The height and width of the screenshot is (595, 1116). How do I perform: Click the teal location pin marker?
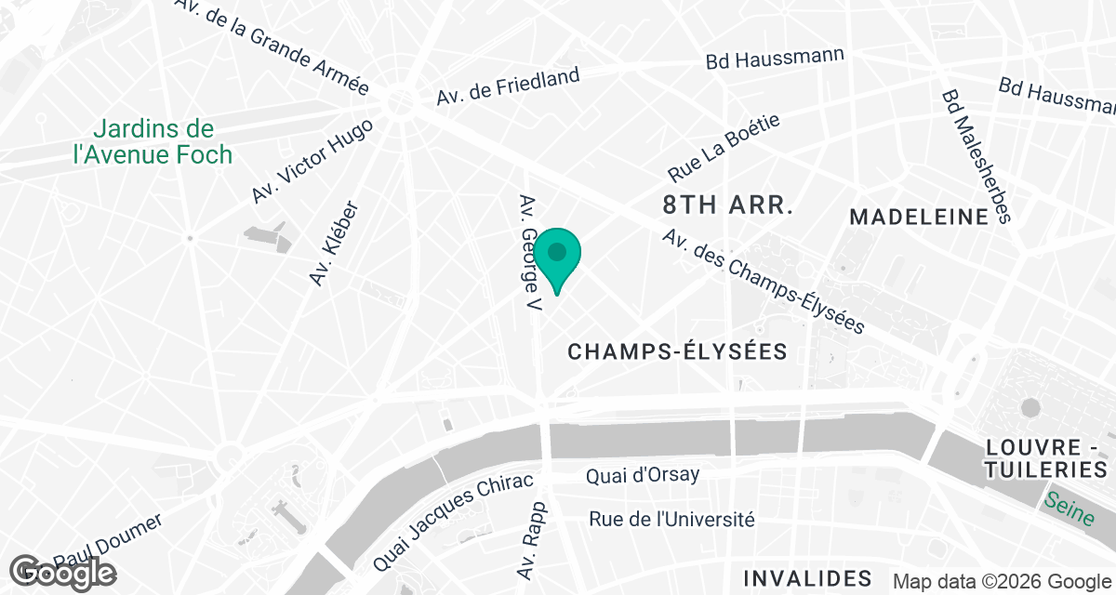coord(557,257)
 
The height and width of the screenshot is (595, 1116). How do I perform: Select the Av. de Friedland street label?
coord(508,86)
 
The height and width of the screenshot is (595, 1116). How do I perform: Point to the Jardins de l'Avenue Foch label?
coord(153,142)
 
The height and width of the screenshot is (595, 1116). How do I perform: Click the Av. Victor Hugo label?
coord(312,162)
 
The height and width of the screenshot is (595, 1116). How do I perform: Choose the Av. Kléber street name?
coord(334,244)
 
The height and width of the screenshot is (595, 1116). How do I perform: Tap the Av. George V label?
coord(530,253)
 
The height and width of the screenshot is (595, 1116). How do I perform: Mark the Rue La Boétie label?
coord(724,148)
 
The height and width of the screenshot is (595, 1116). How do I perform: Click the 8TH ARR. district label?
coord(727,205)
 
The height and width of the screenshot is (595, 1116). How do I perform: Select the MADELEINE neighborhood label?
coord(919,218)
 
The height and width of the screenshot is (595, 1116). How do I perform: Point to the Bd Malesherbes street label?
coord(975,156)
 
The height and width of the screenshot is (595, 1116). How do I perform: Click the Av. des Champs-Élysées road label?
coord(764,282)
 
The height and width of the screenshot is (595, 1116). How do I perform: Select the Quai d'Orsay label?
coord(643,476)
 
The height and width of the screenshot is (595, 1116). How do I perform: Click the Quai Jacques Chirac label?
coord(453,522)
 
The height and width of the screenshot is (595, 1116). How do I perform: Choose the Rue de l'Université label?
coord(671,519)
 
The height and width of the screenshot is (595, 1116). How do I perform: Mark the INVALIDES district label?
coord(815,578)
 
